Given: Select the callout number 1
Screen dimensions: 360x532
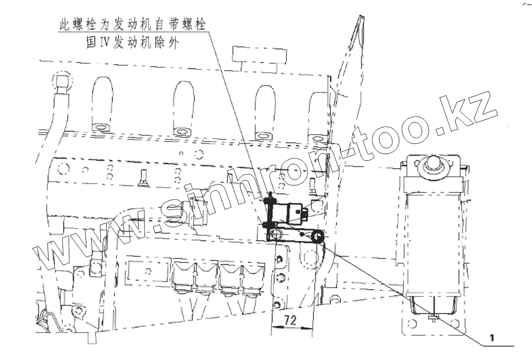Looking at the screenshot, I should tap(492, 337).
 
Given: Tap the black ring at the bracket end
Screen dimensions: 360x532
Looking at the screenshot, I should tap(318, 237).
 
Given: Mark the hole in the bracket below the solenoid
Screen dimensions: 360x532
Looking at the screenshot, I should tap(277, 235).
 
